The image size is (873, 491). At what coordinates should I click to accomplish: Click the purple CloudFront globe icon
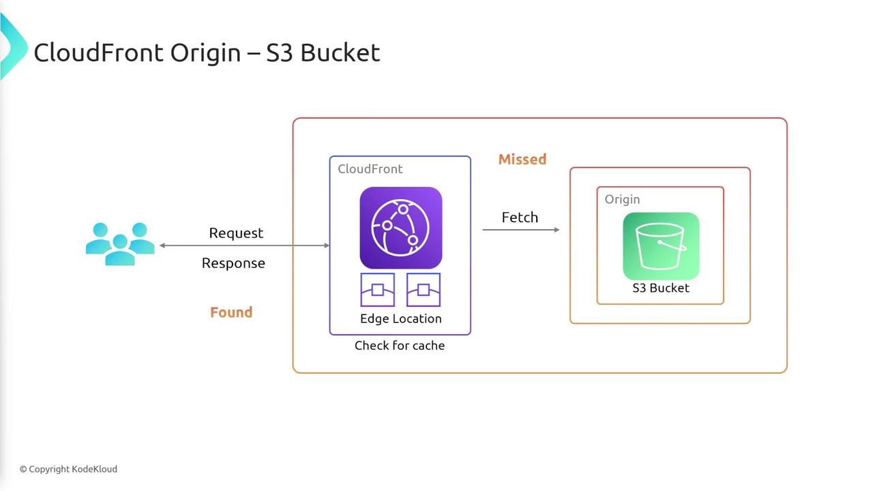tap(400, 228)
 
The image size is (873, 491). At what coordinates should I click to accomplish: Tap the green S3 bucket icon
tap(661, 246)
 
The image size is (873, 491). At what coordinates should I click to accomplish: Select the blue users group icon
tap(120, 244)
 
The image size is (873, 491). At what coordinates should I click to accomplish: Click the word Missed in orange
tap(522, 159)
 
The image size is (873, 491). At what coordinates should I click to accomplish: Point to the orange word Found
tap(231, 312)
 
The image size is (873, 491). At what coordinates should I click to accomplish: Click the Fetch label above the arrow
tap(520, 217)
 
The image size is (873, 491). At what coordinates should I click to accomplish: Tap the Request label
tap(236, 233)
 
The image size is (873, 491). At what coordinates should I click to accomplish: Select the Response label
tap(233, 263)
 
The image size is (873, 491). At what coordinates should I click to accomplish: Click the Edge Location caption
tap(400, 318)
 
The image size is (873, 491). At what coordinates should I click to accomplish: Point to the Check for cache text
tap(400, 345)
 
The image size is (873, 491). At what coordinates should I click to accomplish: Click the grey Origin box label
tap(622, 199)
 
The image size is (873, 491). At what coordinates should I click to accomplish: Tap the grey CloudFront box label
tap(370, 168)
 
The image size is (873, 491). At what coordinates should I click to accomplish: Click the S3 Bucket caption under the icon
tap(661, 288)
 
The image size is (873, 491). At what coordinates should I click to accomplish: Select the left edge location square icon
tap(377, 290)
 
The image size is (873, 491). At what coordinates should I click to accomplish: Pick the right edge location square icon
tap(424, 290)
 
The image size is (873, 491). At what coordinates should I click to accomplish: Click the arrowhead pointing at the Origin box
tap(557, 230)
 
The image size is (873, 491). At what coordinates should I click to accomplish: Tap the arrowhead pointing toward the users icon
tap(162, 245)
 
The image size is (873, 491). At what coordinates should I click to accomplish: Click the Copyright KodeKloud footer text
tap(69, 469)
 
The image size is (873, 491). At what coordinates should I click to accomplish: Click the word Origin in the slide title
tap(205, 53)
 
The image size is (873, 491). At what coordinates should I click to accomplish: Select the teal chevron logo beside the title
tap(13, 46)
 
